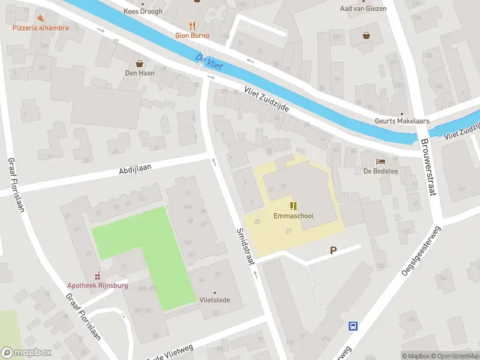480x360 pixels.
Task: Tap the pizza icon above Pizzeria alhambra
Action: [x=40, y=19]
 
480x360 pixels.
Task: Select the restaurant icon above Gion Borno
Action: [x=192, y=25]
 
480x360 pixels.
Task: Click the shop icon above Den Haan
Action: [x=140, y=63]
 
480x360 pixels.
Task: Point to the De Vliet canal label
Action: [x=208, y=61]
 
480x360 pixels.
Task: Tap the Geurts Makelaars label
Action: [x=403, y=121]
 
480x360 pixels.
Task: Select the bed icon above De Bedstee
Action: [x=380, y=161]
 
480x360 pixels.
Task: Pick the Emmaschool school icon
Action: [x=293, y=206]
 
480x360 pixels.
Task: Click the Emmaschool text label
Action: [x=293, y=216]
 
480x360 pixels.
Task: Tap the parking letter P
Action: [x=332, y=251]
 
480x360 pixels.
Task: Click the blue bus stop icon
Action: [x=353, y=326]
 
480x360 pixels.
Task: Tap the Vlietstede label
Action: [x=215, y=300]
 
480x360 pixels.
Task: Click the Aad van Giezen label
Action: [x=363, y=8]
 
